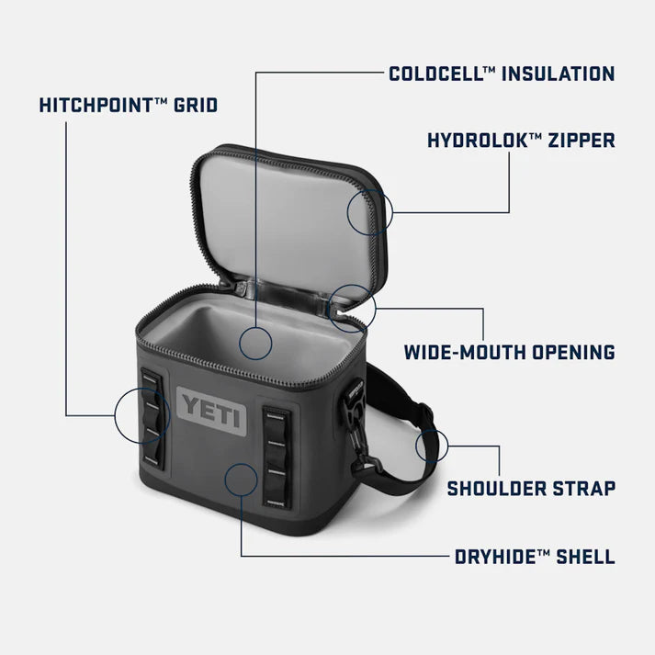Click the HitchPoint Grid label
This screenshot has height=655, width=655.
point(129,105)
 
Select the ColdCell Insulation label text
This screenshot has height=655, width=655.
point(501,73)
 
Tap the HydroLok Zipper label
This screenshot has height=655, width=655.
point(521,141)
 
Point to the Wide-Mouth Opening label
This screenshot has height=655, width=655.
point(510,351)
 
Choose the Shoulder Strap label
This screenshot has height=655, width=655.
point(531,488)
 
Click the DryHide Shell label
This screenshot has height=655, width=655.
point(535,557)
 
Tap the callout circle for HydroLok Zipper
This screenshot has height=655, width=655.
point(370,212)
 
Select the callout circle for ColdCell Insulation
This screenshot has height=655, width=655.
point(255,343)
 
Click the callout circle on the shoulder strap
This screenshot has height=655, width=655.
point(432,446)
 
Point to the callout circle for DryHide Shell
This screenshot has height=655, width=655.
point(240,480)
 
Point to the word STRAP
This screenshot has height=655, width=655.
point(581,488)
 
